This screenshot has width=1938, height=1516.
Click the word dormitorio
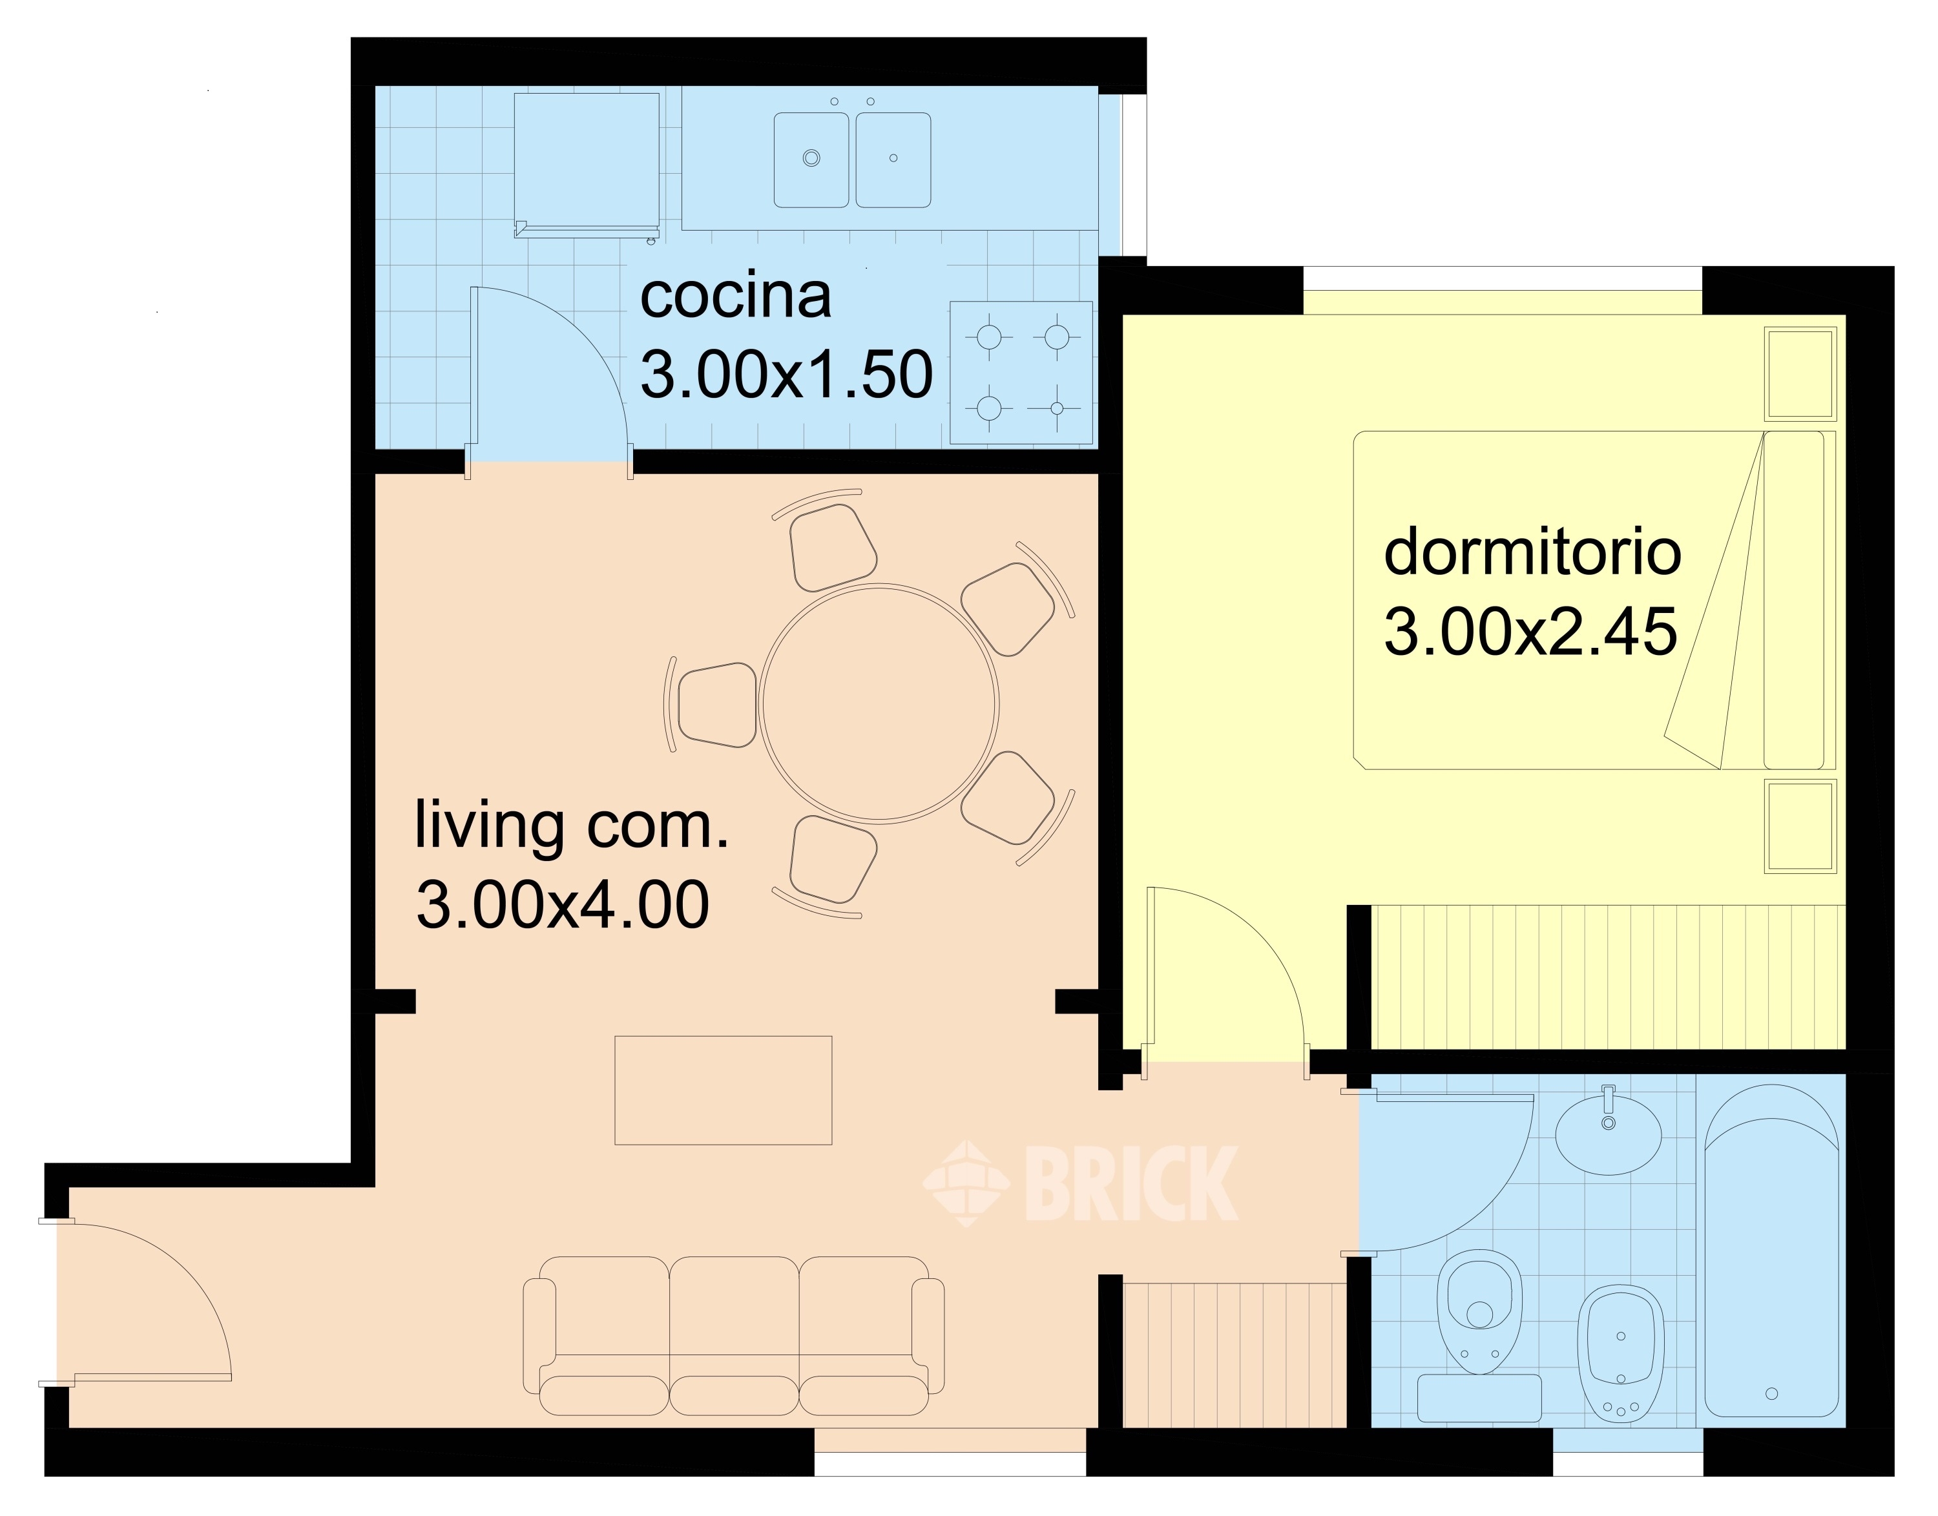click(1532, 552)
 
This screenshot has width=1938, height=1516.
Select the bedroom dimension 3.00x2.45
click(1530, 632)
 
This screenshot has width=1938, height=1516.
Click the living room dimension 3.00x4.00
click(563, 904)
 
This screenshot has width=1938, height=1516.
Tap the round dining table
click(879, 703)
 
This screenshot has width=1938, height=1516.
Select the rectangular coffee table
click(724, 1090)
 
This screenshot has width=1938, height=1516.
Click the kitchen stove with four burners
click(1021, 373)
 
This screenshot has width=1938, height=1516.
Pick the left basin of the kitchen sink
click(811, 160)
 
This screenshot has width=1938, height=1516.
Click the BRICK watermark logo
click(1079, 1183)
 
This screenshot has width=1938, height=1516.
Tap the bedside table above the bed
click(1800, 374)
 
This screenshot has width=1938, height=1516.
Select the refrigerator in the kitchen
click(587, 165)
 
